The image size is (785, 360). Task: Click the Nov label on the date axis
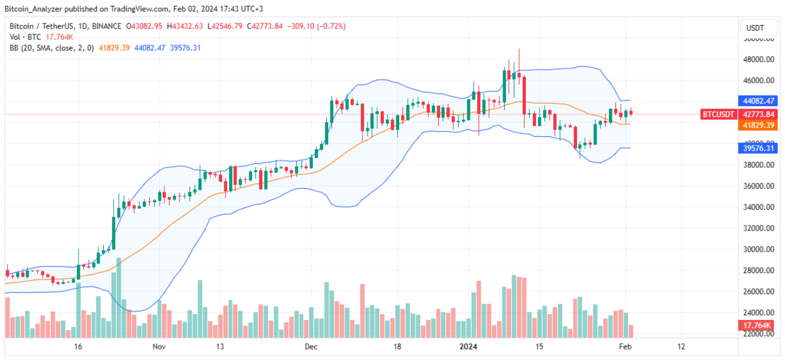(x=160, y=347)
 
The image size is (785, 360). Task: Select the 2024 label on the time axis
(x=468, y=347)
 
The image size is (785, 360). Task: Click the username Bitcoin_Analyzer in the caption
(x=34, y=9)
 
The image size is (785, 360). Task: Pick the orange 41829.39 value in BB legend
(x=115, y=48)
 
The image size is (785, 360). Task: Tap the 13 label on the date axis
(x=220, y=347)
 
